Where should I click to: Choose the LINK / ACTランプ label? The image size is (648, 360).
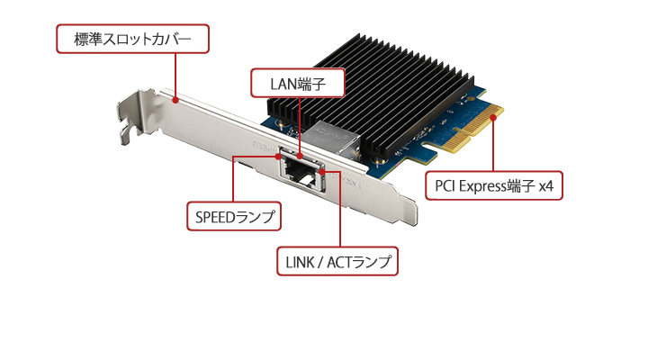337,262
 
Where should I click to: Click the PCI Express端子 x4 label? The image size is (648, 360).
494,185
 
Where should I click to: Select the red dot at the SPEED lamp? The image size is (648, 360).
279,156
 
